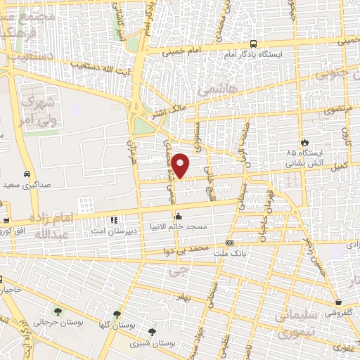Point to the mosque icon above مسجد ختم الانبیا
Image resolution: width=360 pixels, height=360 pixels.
tap(179, 217)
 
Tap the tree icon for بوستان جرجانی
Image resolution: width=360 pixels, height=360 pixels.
tap(58, 310)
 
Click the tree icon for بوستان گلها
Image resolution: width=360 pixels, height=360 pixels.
tap(117, 314)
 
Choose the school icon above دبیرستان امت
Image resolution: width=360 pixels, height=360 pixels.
tap(114, 220)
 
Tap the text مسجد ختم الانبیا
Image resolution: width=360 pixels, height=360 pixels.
tap(179, 227)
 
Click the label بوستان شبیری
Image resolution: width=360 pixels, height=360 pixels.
tap(154, 344)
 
